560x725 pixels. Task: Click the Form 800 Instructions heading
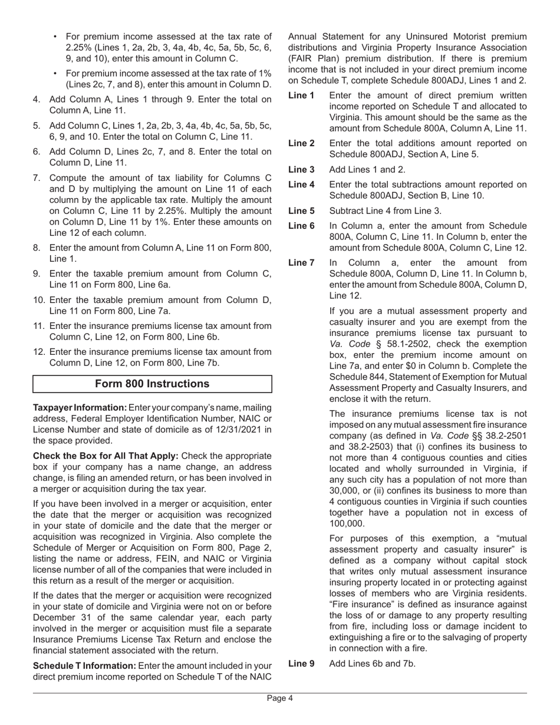[152, 384]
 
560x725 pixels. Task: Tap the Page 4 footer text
[279, 698]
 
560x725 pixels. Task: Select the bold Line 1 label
[301, 95]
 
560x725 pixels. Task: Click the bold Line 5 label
[301, 210]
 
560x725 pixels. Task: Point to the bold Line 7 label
[301, 263]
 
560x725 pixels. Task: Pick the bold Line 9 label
[301, 663]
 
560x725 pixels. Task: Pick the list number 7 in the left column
[37, 178]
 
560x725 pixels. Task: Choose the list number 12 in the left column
[39, 352]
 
